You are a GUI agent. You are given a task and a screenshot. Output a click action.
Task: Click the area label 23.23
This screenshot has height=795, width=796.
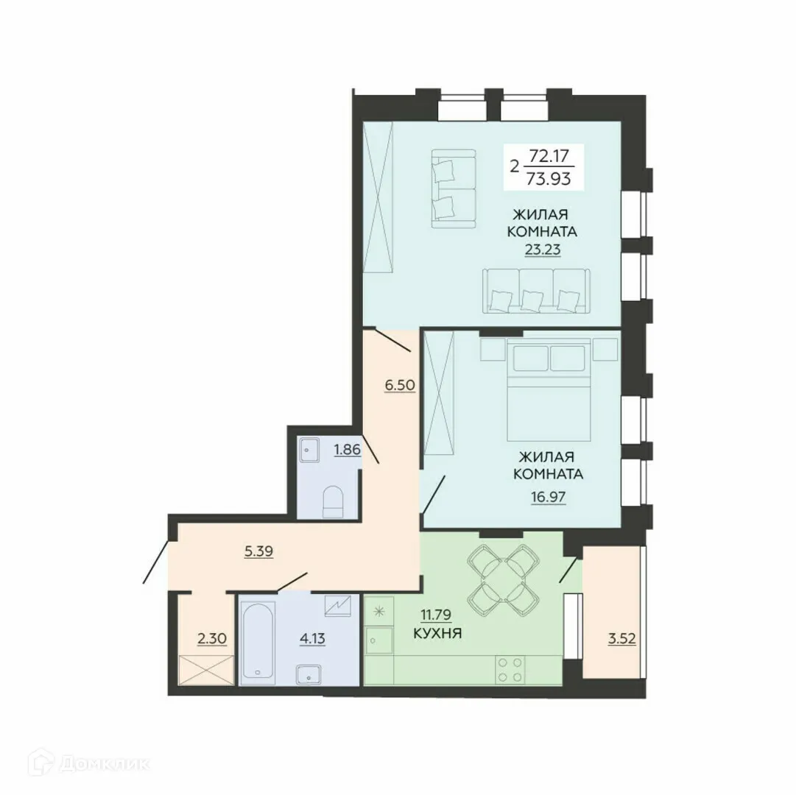[x=542, y=249]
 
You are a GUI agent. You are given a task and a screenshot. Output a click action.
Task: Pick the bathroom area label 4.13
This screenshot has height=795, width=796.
[x=311, y=637]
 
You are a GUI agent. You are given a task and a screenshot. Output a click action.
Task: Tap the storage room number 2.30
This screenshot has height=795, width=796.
[x=211, y=637]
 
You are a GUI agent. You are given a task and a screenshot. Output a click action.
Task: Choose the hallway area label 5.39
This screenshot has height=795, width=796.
[x=258, y=551]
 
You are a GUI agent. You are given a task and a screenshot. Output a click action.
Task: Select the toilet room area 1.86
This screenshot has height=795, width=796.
[x=347, y=449]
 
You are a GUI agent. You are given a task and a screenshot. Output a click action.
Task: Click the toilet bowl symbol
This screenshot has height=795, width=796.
[x=334, y=501]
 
